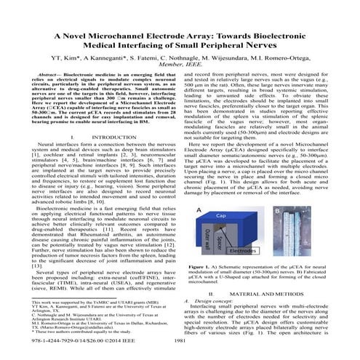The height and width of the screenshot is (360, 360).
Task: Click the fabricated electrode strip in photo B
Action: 319,240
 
